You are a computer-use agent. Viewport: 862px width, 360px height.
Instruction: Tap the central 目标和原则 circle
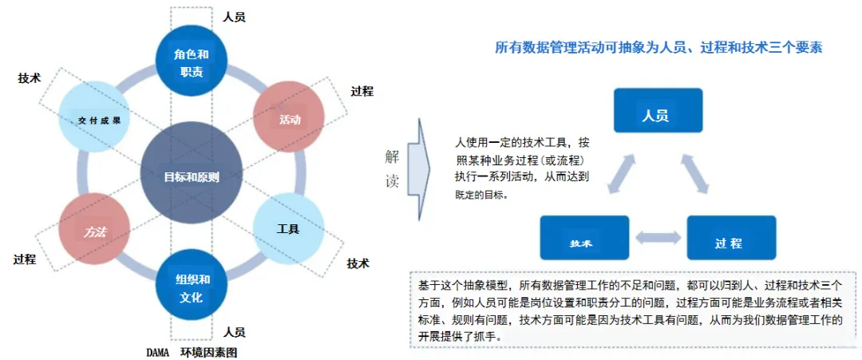pyautogui.click(x=191, y=176)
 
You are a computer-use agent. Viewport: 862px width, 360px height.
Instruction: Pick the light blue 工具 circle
pyautogui.click(x=288, y=229)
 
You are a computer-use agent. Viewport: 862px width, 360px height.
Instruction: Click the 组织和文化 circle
pyautogui.click(x=192, y=288)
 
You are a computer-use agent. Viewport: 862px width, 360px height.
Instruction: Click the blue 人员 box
pyautogui.click(x=657, y=110)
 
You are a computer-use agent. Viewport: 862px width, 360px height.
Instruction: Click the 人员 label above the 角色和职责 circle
pyautogui.click(x=234, y=16)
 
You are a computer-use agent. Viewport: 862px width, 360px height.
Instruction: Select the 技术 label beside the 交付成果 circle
pyautogui.click(x=29, y=78)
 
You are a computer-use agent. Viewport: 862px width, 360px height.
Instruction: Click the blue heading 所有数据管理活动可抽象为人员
pyautogui.click(x=658, y=47)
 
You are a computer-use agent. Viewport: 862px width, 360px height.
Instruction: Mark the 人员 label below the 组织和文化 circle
pyautogui.click(x=234, y=331)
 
